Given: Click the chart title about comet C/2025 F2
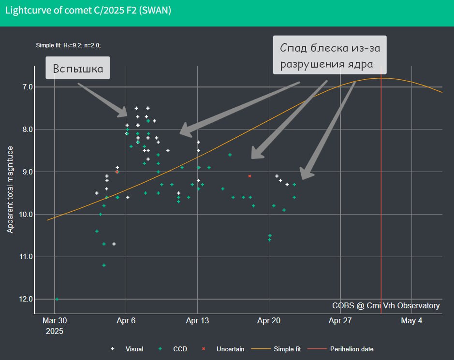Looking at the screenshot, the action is click(88, 11).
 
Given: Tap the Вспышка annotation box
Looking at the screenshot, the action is click(77, 68).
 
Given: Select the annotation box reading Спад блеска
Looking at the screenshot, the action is click(330, 55).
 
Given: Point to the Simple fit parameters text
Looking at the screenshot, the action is click(68, 45).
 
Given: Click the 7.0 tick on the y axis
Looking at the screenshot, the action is click(28, 87).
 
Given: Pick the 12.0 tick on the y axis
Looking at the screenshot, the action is click(26, 299).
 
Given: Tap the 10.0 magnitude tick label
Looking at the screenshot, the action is click(26, 214).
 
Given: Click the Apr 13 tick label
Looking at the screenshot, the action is click(197, 320).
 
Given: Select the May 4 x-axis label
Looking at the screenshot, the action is click(411, 320).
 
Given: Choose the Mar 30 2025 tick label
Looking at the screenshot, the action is click(55, 326).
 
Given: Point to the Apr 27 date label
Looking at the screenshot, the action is click(340, 320).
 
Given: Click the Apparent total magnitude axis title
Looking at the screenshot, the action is click(10, 189).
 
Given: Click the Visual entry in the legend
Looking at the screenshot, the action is click(127, 349).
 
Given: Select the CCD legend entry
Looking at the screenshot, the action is click(173, 349).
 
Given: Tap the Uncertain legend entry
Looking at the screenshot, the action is click(223, 349).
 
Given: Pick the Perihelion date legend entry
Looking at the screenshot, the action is click(340, 349).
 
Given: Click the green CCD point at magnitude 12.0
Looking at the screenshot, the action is click(57, 299).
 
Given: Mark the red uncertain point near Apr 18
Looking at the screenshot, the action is click(249, 176).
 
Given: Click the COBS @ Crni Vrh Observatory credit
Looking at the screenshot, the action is click(386, 305).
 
